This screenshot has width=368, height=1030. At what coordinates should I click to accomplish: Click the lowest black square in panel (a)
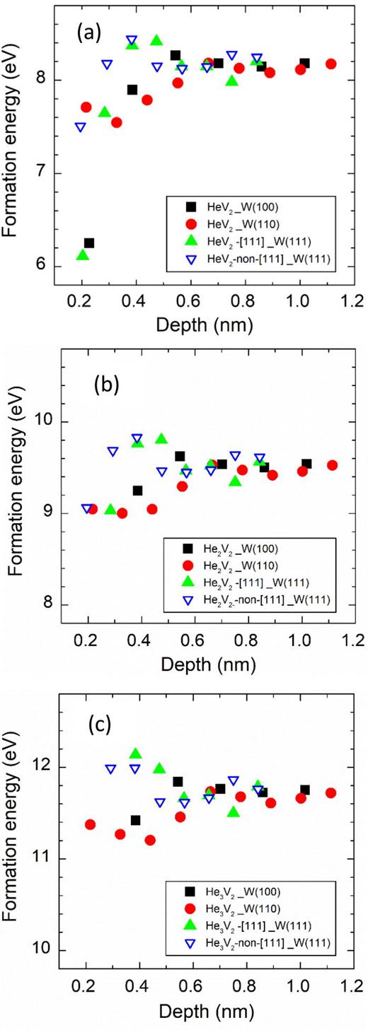tap(89, 243)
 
